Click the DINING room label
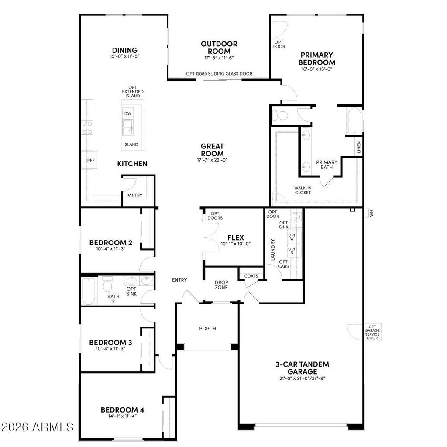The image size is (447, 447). (x=124, y=50)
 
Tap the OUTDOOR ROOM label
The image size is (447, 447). (x=219, y=47)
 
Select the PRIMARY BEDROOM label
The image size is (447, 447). (x=317, y=58)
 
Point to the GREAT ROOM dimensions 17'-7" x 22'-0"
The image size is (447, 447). (x=212, y=160)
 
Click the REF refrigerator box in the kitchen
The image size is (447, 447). (x=91, y=161)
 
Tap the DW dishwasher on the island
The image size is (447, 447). (x=127, y=113)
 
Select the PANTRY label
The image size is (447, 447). (x=134, y=196)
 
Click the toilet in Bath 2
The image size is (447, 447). (x=107, y=286)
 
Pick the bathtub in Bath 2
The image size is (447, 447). (x=89, y=291)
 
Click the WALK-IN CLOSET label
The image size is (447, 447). (x=303, y=190)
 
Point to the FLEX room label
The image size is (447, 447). (x=235, y=237)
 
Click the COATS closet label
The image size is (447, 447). (x=251, y=276)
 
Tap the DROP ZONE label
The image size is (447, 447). (x=221, y=285)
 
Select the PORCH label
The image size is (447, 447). (x=207, y=328)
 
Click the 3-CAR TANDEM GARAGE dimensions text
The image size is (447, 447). (x=302, y=378)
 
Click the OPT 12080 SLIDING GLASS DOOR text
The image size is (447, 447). (x=219, y=74)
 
